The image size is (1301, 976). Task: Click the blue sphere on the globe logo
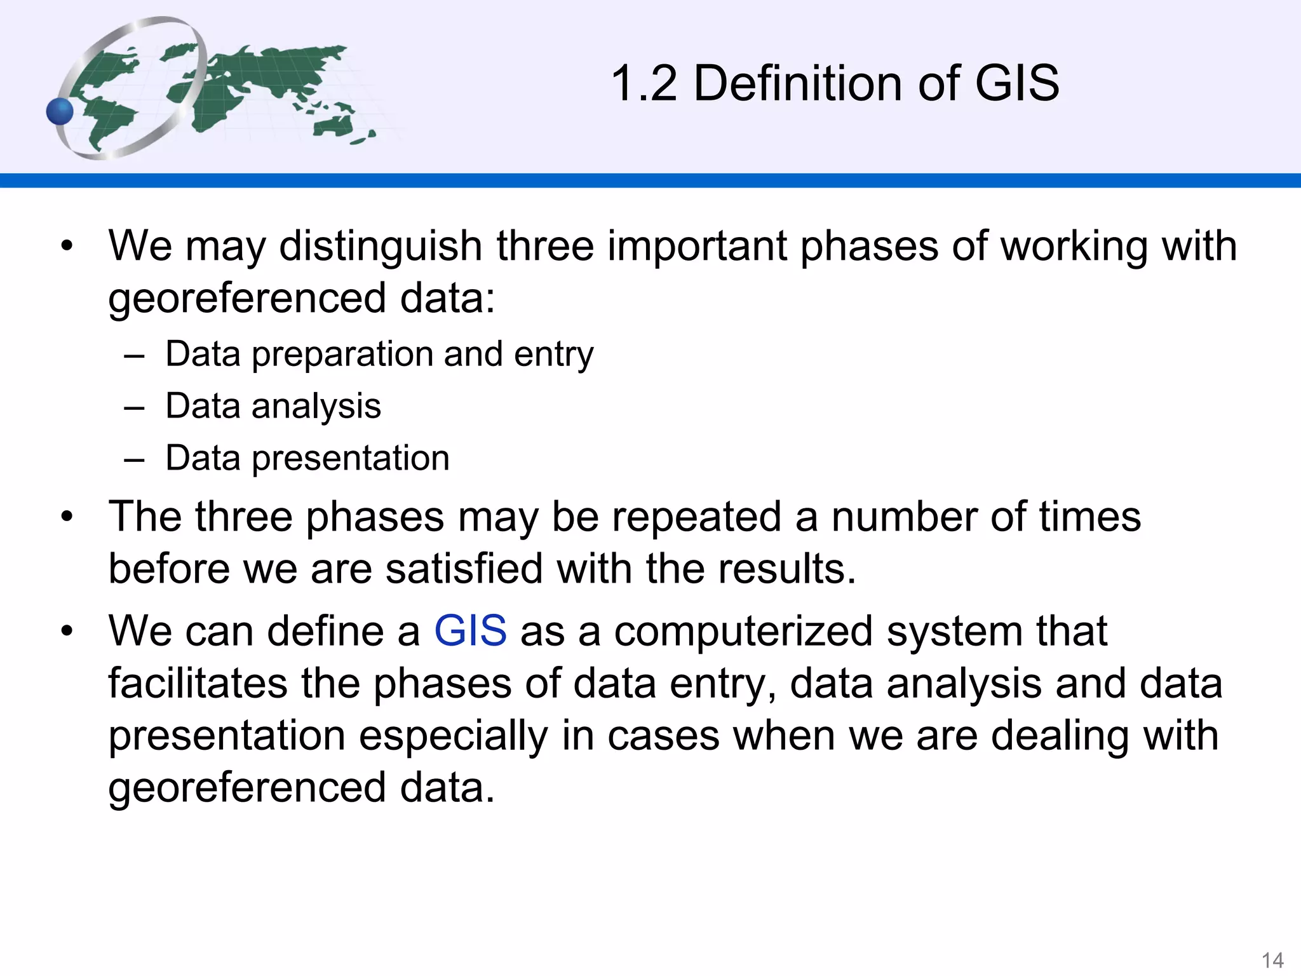[x=60, y=112]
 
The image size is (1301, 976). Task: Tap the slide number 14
[x=1272, y=960]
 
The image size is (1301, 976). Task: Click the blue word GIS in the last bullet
[x=470, y=631]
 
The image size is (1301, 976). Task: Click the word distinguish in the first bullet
[x=381, y=246]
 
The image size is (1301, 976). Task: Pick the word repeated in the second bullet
[x=696, y=516]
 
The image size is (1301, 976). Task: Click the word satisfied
[x=464, y=568]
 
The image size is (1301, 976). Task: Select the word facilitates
[x=198, y=683]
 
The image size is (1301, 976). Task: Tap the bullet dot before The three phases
[x=67, y=517]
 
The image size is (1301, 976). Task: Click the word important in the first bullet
[x=696, y=246]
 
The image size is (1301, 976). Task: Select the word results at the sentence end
[x=787, y=568]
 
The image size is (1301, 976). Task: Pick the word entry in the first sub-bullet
[x=553, y=355]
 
